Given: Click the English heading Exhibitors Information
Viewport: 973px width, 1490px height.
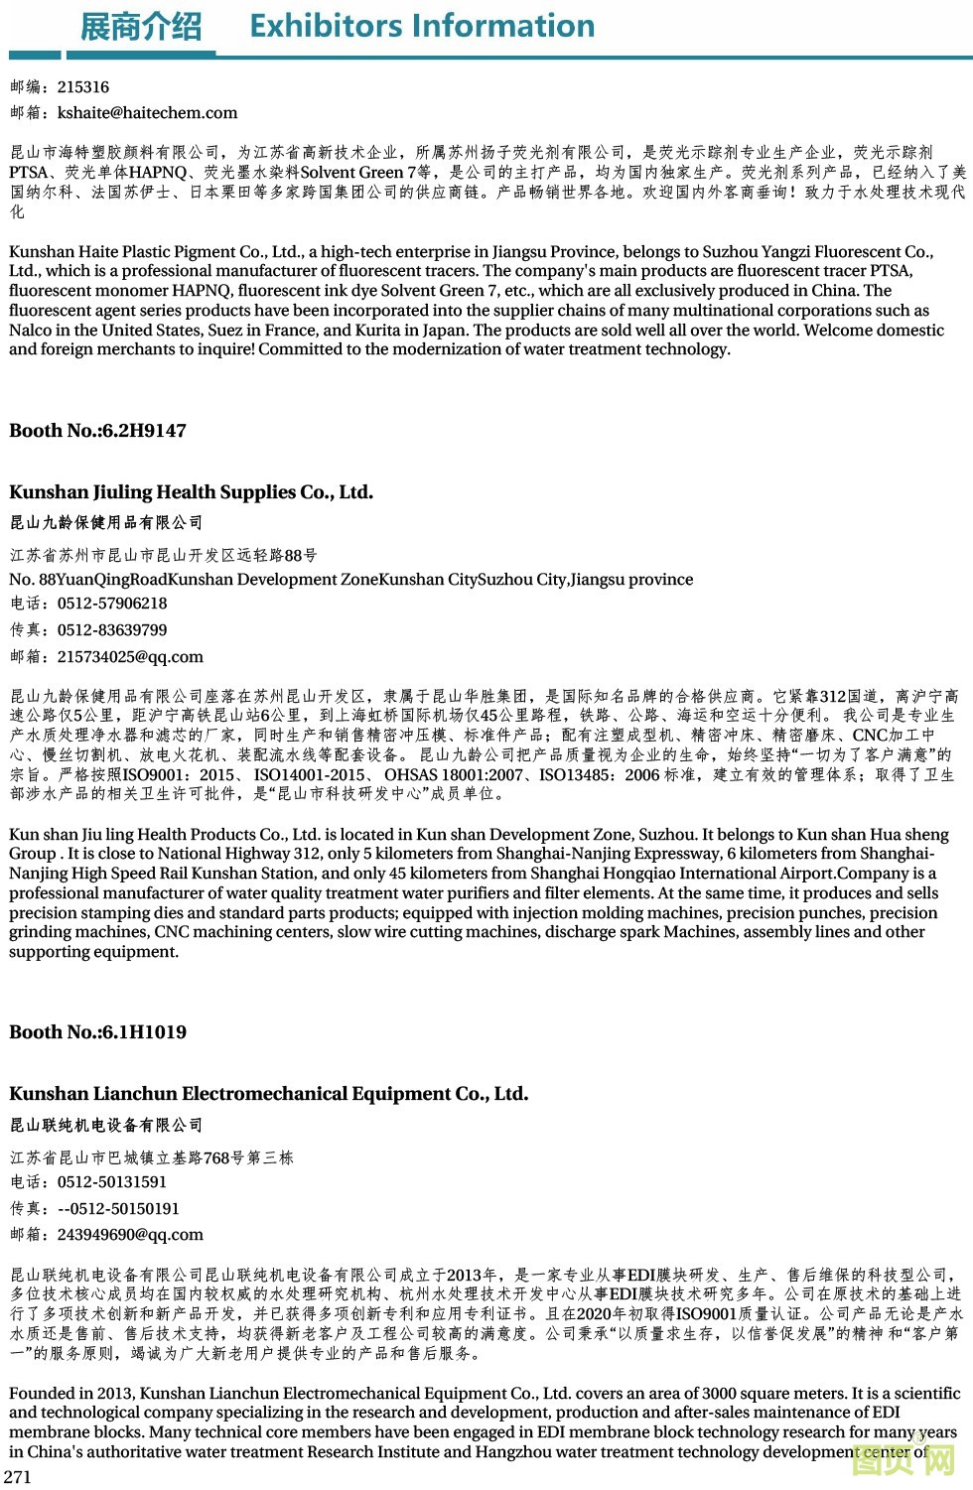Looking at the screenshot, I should pos(422,26).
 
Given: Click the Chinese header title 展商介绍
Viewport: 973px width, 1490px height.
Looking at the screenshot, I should pos(140,27).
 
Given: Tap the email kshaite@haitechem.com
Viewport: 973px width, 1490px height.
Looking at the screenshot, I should pos(147,113).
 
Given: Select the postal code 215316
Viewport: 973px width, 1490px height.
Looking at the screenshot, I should pos(83,87).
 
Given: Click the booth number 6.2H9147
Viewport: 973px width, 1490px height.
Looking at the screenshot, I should pos(143,431).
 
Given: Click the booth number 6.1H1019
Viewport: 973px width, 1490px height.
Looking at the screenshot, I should pos(143,1032).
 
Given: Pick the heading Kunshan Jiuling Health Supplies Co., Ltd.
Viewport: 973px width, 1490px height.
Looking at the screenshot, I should pos(191,492).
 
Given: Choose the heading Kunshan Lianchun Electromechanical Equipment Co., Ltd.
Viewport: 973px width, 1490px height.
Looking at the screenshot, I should pos(268,1094).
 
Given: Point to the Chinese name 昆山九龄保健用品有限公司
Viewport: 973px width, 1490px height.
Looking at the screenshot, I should pos(106,523).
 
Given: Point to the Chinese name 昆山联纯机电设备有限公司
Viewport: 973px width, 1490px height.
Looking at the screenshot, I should pos(106,1125).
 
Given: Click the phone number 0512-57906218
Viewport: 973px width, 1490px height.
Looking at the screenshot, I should pos(112,604).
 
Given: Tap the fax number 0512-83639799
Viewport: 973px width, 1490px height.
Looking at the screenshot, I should pos(112,630).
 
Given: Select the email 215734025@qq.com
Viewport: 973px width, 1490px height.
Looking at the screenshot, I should pos(130,657).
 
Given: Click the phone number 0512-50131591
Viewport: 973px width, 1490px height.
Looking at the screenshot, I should pos(112,1182).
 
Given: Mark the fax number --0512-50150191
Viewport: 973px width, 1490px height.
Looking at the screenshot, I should pos(118,1209).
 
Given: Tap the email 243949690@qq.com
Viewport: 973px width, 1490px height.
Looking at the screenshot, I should pos(130,1235).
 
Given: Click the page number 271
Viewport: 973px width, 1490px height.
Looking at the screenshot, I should pos(18,1477).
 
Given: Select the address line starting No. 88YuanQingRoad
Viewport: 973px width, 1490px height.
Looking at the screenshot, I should pos(350,580).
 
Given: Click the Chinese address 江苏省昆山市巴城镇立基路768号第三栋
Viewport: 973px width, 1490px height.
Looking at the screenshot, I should pos(152,1157).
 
